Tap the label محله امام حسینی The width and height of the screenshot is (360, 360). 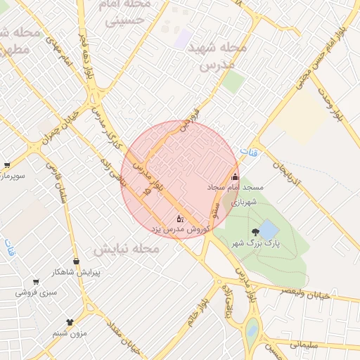point(127,12)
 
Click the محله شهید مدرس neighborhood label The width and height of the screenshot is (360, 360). point(217,56)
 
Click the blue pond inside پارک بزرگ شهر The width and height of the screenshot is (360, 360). point(269,229)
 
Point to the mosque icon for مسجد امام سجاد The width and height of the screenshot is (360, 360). point(235,177)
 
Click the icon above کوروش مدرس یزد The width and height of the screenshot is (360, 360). point(179,219)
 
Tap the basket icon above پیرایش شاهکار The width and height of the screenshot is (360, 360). point(78,261)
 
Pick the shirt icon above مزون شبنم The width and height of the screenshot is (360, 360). point(69,322)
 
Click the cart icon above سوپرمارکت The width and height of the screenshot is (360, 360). point(6,165)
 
